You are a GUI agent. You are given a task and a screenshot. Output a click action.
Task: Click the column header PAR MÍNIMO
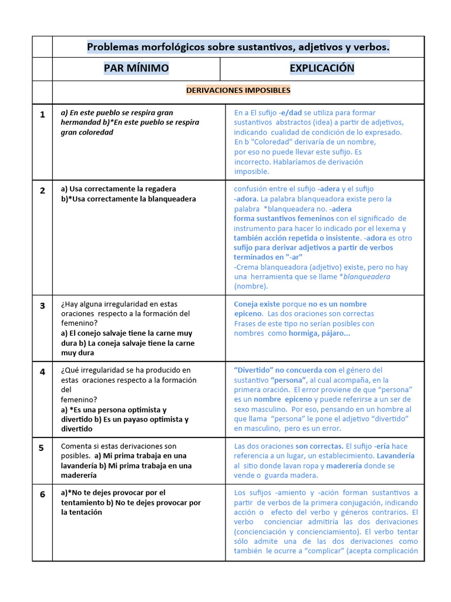coord(136,68)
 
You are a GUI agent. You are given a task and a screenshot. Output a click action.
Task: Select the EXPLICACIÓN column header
coord(322,68)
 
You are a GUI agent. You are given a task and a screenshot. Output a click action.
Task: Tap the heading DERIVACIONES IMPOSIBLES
coord(238,91)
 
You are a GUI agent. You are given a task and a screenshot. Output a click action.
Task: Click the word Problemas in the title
coord(112,46)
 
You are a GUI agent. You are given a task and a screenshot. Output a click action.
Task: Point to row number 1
coord(42,115)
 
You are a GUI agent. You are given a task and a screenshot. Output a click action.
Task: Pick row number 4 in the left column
coord(42,372)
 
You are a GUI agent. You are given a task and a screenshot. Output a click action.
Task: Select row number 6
coord(42,494)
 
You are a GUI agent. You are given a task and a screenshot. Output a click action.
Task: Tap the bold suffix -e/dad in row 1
coord(290,113)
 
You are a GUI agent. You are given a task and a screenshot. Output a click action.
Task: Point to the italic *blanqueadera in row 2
coord(366,276)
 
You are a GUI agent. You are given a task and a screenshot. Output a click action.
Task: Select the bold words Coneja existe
coord(257,305)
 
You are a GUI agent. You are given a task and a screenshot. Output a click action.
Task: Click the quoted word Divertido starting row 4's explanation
coord(254,370)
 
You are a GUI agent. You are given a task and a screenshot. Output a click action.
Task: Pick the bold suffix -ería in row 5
coord(399,446)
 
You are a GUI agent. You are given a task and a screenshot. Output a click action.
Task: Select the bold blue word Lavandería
coord(395,456)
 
